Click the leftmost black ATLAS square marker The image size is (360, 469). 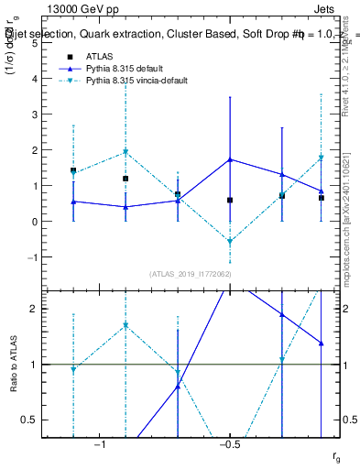tap(73, 170)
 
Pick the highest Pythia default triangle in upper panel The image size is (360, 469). tap(230, 159)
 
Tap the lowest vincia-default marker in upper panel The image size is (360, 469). tap(230, 242)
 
